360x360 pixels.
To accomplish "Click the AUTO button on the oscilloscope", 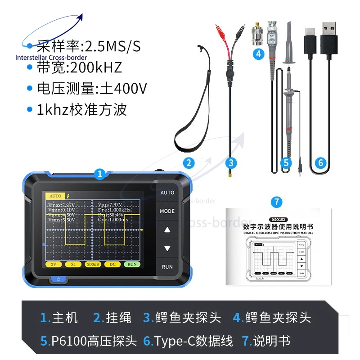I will (x=167, y=193).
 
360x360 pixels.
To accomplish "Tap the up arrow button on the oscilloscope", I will (x=167, y=230).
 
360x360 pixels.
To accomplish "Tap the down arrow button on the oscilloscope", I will (x=167, y=248).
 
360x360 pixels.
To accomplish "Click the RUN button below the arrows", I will (x=167, y=267).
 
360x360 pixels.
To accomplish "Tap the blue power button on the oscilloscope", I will (x=58, y=279).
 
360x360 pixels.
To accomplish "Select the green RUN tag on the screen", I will (x=131, y=264).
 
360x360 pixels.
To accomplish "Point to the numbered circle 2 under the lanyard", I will (x=189, y=163).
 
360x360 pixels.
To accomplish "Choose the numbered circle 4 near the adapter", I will (x=258, y=54).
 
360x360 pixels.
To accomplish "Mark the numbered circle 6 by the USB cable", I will (x=320, y=163).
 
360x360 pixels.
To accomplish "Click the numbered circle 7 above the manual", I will (x=277, y=202).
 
